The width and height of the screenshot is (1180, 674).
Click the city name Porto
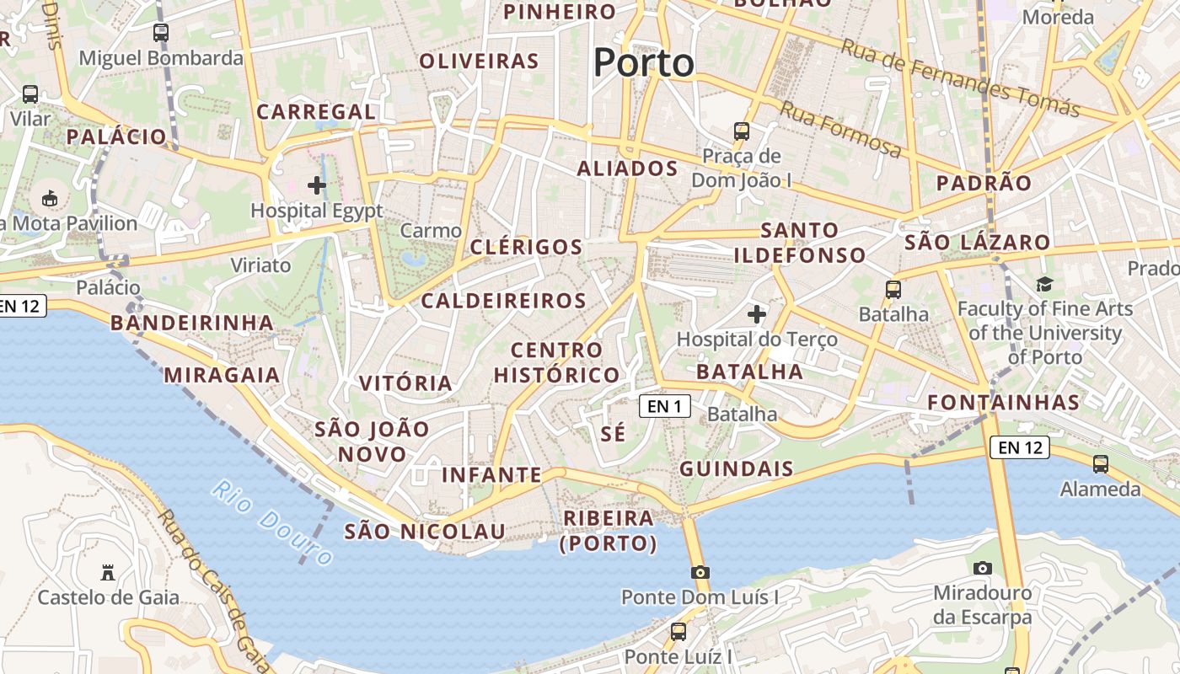pyautogui.click(x=644, y=63)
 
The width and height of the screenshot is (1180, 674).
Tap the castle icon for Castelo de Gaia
pyautogui.click(x=108, y=573)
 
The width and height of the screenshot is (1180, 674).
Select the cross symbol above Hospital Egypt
pyautogui.click(x=317, y=185)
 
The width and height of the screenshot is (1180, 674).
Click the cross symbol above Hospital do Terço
pyautogui.click(x=757, y=314)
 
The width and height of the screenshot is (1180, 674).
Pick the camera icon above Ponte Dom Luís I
pyautogui.click(x=700, y=573)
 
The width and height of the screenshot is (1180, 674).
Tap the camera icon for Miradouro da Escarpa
pyautogui.click(x=983, y=569)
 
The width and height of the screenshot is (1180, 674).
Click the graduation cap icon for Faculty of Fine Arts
pyautogui.click(x=1045, y=284)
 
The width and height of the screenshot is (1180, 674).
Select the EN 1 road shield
pyautogui.click(x=664, y=407)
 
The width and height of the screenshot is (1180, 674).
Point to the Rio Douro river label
pyautogui.click(x=271, y=522)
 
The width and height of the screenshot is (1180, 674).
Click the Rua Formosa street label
pyautogui.click(x=839, y=129)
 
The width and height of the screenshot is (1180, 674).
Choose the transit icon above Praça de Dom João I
pyautogui.click(x=742, y=131)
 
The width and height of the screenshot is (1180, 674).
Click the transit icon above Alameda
pyautogui.click(x=1101, y=464)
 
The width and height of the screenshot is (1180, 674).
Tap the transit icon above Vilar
pyautogui.click(x=30, y=94)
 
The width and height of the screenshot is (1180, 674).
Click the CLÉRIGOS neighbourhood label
pyautogui.click(x=526, y=247)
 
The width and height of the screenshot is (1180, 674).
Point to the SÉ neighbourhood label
pyautogui.click(x=614, y=434)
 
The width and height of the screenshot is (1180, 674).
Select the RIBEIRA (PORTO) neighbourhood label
pyautogui.click(x=609, y=531)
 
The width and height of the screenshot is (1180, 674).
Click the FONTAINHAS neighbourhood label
pyautogui.click(x=1004, y=403)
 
